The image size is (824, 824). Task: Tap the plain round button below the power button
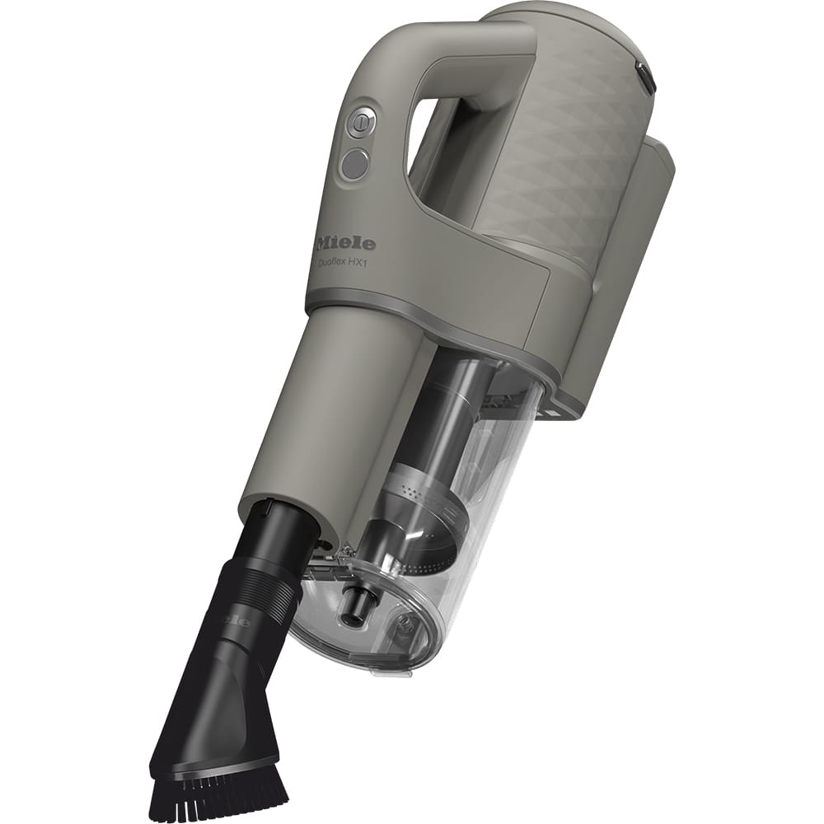point(355,166)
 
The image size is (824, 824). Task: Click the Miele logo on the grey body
point(346,243)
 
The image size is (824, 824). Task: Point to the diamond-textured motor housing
point(577,165)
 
